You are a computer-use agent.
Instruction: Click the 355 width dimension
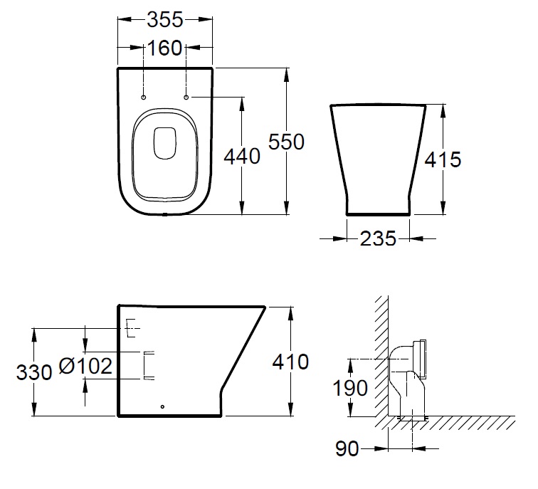[165, 19]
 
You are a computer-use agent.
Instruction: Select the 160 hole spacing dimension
[164, 48]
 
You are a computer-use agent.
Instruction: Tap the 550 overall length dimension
[286, 142]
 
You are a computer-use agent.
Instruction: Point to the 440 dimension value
[242, 157]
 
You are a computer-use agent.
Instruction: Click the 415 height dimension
[443, 159]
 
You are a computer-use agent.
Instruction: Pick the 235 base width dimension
[378, 238]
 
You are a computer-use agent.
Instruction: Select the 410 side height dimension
[290, 362]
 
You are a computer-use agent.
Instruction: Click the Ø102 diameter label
[85, 366]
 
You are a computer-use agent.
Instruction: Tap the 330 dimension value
[34, 372]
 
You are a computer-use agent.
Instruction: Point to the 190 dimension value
[350, 389]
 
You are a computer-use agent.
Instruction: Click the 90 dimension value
[347, 448]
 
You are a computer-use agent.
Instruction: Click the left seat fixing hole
[144, 98]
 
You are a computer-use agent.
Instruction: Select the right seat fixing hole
[186, 98]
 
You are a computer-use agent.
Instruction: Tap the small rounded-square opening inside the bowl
[165, 143]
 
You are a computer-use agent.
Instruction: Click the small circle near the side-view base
[163, 406]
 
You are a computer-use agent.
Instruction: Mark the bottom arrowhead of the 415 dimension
[443, 208]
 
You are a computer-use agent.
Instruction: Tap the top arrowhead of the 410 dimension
[291, 314]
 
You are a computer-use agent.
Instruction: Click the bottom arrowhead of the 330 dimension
[34, 409]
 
